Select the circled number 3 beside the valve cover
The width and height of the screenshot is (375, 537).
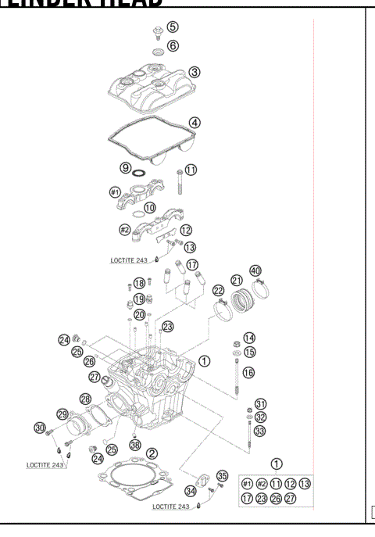(x=195, y=72)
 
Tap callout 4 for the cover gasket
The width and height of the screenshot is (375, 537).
(x=195, y=123)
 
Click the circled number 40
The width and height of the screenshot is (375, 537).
(x=255, y=271)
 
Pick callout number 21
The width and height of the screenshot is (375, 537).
(x=236, y=280)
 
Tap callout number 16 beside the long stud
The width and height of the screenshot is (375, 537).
(x=248, y=373)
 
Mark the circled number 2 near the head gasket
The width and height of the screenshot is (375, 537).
(x=152, y=454)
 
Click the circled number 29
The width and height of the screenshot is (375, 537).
(x=62, y=413)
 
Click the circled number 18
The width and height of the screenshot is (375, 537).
(x=139, y=283)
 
